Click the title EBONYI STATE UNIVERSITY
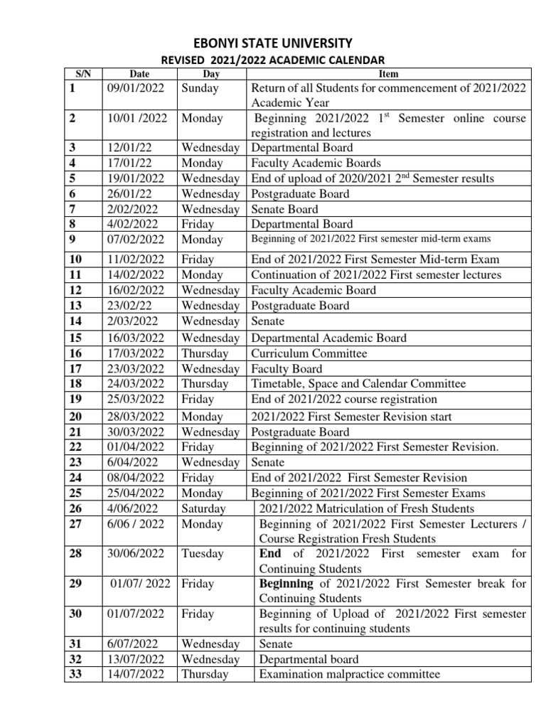[273, 43]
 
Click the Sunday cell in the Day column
[200, 88]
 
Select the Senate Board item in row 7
[284, 209]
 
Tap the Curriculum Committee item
[309, 353]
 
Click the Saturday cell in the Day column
[204, 508]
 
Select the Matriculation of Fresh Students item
[367, 508]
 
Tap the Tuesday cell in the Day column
[203, 554]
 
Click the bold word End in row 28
[270, 554]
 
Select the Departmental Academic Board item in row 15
[329, 338]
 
